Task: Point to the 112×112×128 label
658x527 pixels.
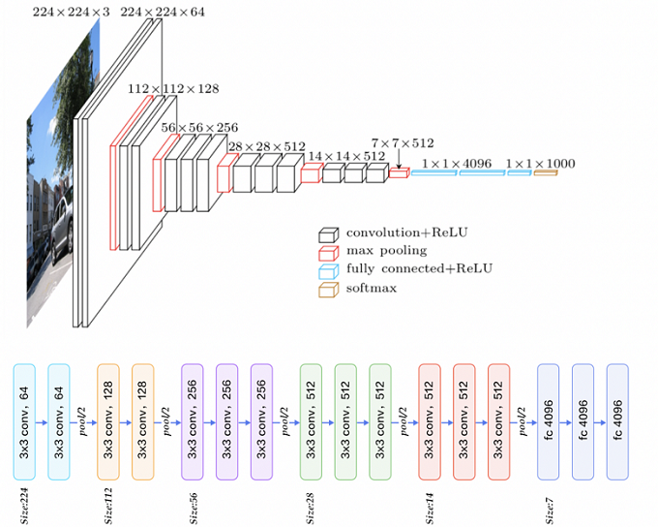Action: click(173, 89)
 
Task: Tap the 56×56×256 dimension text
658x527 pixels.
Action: click(199, 128)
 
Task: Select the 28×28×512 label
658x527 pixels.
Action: click(265, 146)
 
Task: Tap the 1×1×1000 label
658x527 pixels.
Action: click(539, 164)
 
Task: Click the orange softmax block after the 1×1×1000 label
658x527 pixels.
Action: click(545, 173)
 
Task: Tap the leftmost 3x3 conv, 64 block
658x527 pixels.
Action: click(24, 421)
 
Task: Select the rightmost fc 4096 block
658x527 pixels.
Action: click(618, 421)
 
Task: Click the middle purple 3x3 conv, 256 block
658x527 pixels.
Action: click(227, 421)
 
